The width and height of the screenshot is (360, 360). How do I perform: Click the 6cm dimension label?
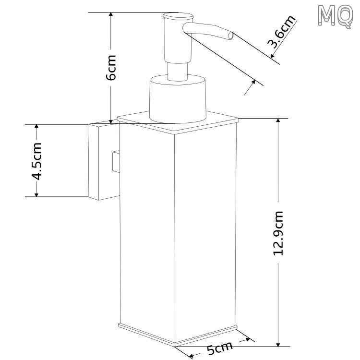point(111,68)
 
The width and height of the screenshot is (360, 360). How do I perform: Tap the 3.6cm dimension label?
point(281,32)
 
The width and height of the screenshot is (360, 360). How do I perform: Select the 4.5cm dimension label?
point(36,161)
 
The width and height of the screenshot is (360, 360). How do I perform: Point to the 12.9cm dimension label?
point(278,233)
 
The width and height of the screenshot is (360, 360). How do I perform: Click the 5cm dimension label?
point(220,348)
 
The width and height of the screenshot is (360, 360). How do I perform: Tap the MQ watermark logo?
point(335,16)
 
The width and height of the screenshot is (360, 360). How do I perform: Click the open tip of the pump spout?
point(230,36)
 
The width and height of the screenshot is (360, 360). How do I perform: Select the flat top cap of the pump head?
point(178,16)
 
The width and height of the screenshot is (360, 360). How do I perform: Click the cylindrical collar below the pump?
point(178,98)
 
